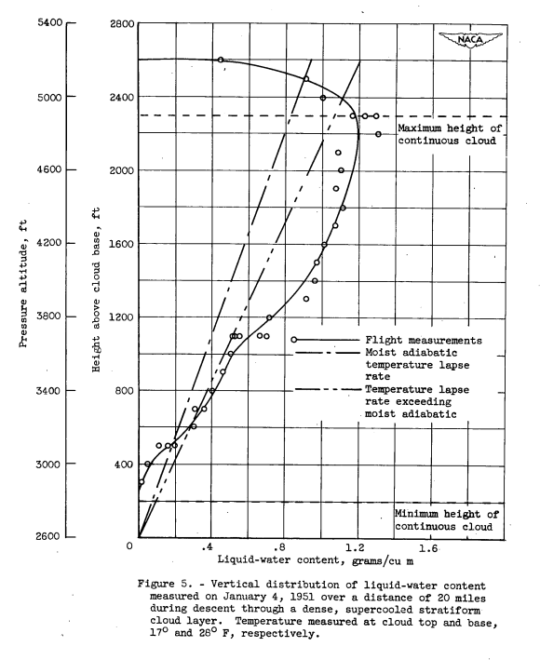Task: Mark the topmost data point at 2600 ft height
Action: (x=221, y=60)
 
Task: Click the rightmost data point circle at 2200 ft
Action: (x=378, y=134)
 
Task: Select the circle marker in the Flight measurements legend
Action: (x=294, y=340)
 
